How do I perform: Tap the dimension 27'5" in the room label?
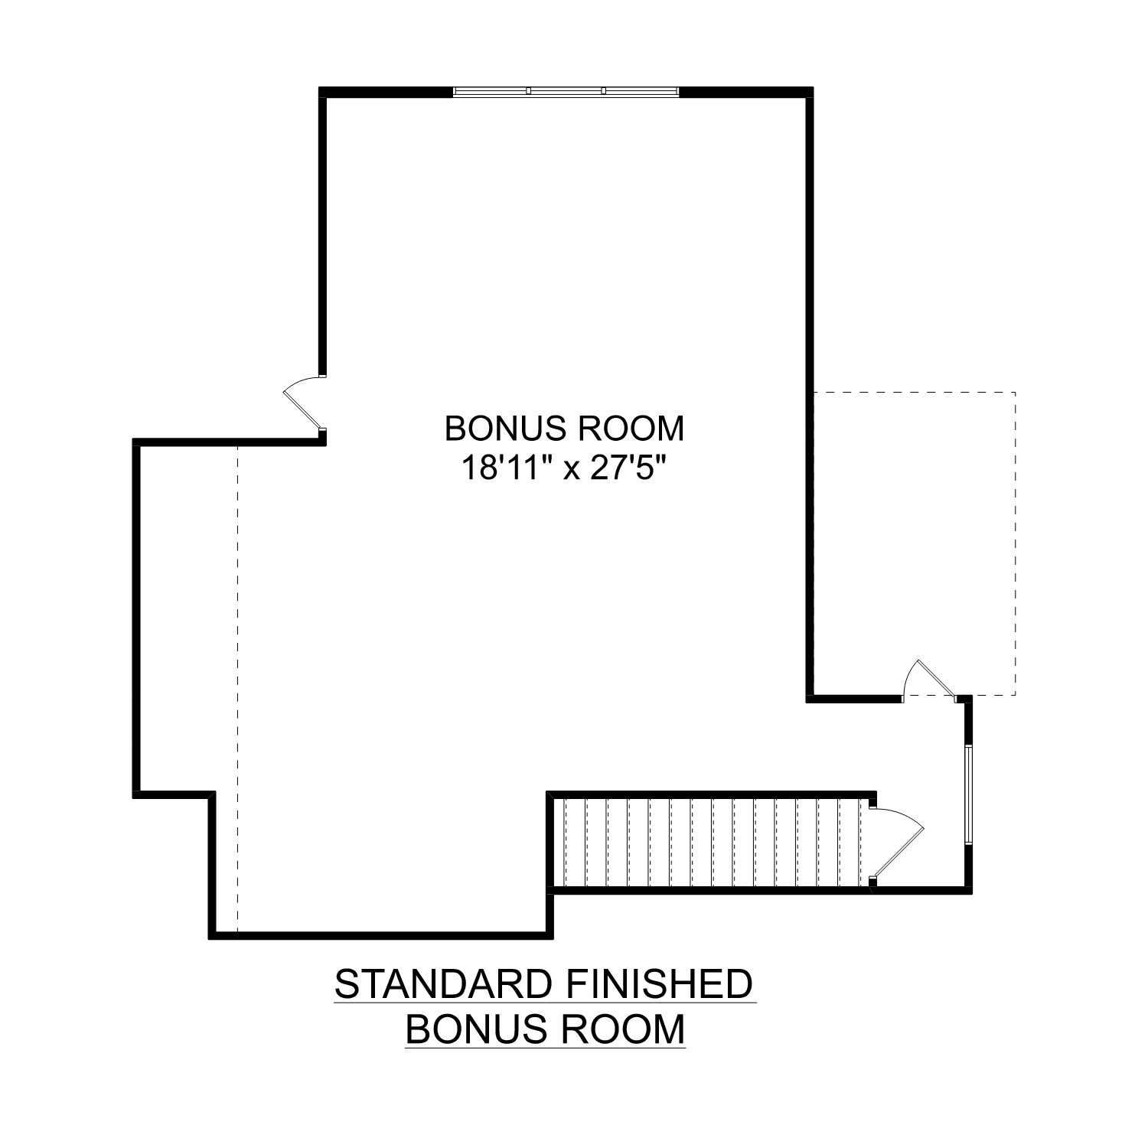click(x=625, y=468)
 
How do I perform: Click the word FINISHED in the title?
click(x=658, y=984)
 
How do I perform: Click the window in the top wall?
click(x=566, y=91)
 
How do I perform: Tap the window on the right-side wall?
click(x=968, y=794)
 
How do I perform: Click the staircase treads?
click(x=712, y=843)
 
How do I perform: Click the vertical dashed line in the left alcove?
click(x=237, y=689)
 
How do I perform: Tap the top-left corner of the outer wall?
click(x=323, y=92)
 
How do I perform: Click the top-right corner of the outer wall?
click(x=809, y=92)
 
